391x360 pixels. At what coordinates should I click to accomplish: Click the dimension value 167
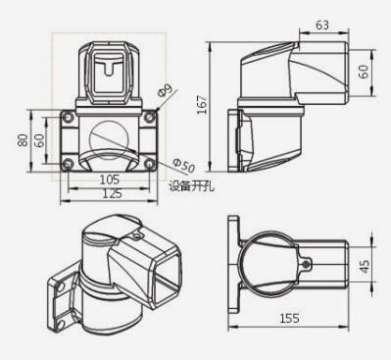click(x=203, y=105)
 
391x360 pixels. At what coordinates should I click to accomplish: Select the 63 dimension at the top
click(x=322, y=25)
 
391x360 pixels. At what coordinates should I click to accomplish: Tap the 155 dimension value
click(x=289, y=318)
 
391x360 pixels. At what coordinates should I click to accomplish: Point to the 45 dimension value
click(x=365, y=266)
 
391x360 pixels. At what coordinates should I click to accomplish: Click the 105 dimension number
click(x=110, y=180)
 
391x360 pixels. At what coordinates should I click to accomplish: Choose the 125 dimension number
click(x=112, y=193)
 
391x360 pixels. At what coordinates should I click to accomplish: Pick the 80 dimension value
click(x=23, y=140)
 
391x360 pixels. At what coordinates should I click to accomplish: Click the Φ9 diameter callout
click(x=165, y=90)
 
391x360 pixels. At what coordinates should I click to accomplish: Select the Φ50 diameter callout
click(x=183, y=166)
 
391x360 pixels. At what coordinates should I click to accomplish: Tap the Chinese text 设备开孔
click(x=192, y=186)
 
